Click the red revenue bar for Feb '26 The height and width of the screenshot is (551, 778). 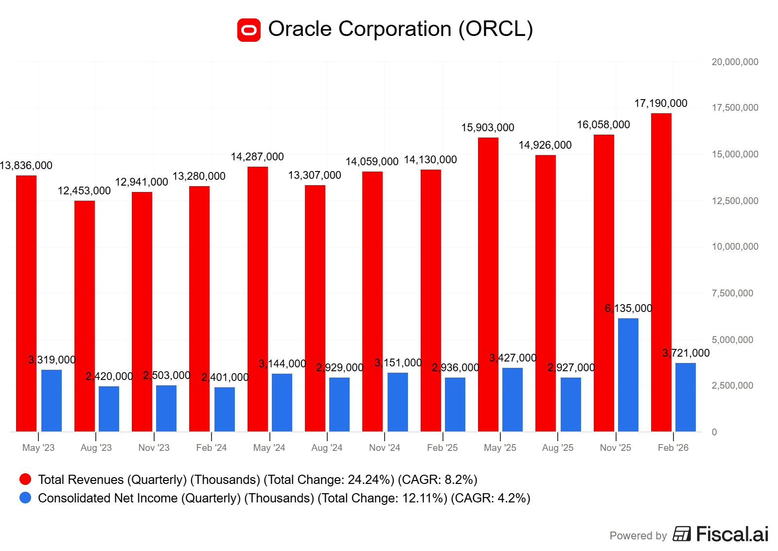coord(661,272)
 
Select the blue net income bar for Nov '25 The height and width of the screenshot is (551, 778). coord(628,375)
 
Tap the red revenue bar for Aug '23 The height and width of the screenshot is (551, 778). coord(85,316)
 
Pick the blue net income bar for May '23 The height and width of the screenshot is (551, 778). coord(52,400)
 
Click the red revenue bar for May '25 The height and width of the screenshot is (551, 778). coord(488,284)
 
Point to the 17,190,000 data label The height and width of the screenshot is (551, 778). coord(661,103)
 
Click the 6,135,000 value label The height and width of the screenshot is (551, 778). coord(628,309)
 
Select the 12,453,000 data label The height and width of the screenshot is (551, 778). coord(84,191)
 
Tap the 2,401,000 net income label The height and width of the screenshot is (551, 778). coord(225,378)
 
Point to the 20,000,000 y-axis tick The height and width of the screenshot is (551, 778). coord(735,62)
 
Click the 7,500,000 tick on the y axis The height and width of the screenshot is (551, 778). coord(732,293)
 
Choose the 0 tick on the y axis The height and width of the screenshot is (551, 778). coord(714,432)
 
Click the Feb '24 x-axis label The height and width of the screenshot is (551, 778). coord(212,448)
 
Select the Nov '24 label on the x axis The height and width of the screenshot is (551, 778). coord(385,448)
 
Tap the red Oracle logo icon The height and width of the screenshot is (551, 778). coord(249,30)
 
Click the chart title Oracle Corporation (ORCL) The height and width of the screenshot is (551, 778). coord(401,29)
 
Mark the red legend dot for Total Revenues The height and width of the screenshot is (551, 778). coord(25,480)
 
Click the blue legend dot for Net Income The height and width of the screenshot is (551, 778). coord(25,498)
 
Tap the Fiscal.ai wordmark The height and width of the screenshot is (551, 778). coord(732,534)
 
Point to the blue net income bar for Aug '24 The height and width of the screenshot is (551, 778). coord(339,404)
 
